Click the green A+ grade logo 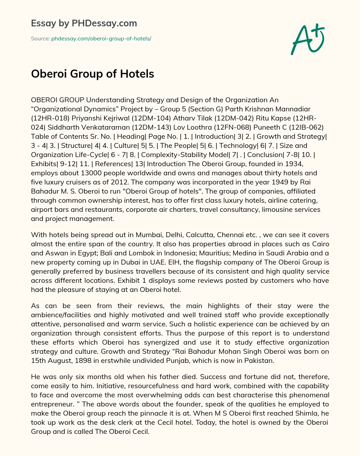tap(308, 39)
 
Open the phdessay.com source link tap(101, 39)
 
